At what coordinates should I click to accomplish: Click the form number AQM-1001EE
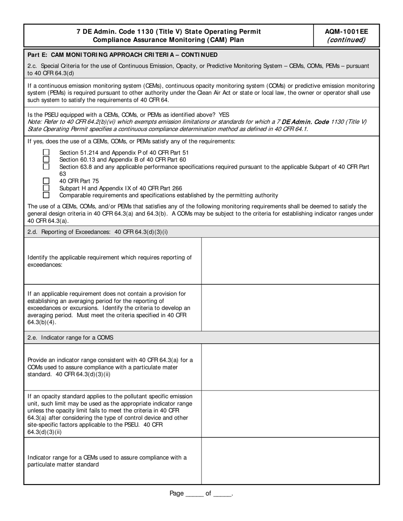pyautogui.click(x=346, y=31)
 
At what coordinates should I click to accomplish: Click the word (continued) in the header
pyautogui.click(x=346, y=40)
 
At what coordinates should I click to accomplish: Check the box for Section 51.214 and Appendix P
pyautogui.click(x=46, y=152)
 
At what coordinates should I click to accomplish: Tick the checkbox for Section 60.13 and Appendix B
pyautogui.click(x=46, y=159)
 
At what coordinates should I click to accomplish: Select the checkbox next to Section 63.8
pyautogui.click(x=46, y=166)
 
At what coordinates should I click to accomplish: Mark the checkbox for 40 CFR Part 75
pyautogui.click(x=46, y=181)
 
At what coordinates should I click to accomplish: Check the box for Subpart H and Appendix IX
pyautogui.click(x=46, y=188)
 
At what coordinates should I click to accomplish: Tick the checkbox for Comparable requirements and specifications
pyautogui.click(x=46, y=195)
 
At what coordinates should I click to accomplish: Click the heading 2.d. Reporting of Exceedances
pyautogui.click(x=98, y=232)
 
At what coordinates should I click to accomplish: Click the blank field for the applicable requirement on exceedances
pyautogui.click(x=290, y=261)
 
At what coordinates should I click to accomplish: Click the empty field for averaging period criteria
pyautogui.click(x=290, y=308)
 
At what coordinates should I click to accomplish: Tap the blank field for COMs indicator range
pyautogui.click(x=290, y=367)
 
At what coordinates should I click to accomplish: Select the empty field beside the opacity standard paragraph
pyautogui.click(x=290, y=414)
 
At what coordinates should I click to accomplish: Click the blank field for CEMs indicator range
pyautogui.click(x=290, y=461)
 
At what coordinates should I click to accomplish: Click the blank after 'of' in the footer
pyautogui.click(x=222, y=494)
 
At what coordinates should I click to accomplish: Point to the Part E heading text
pyautogui.click(x=123, y=55)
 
